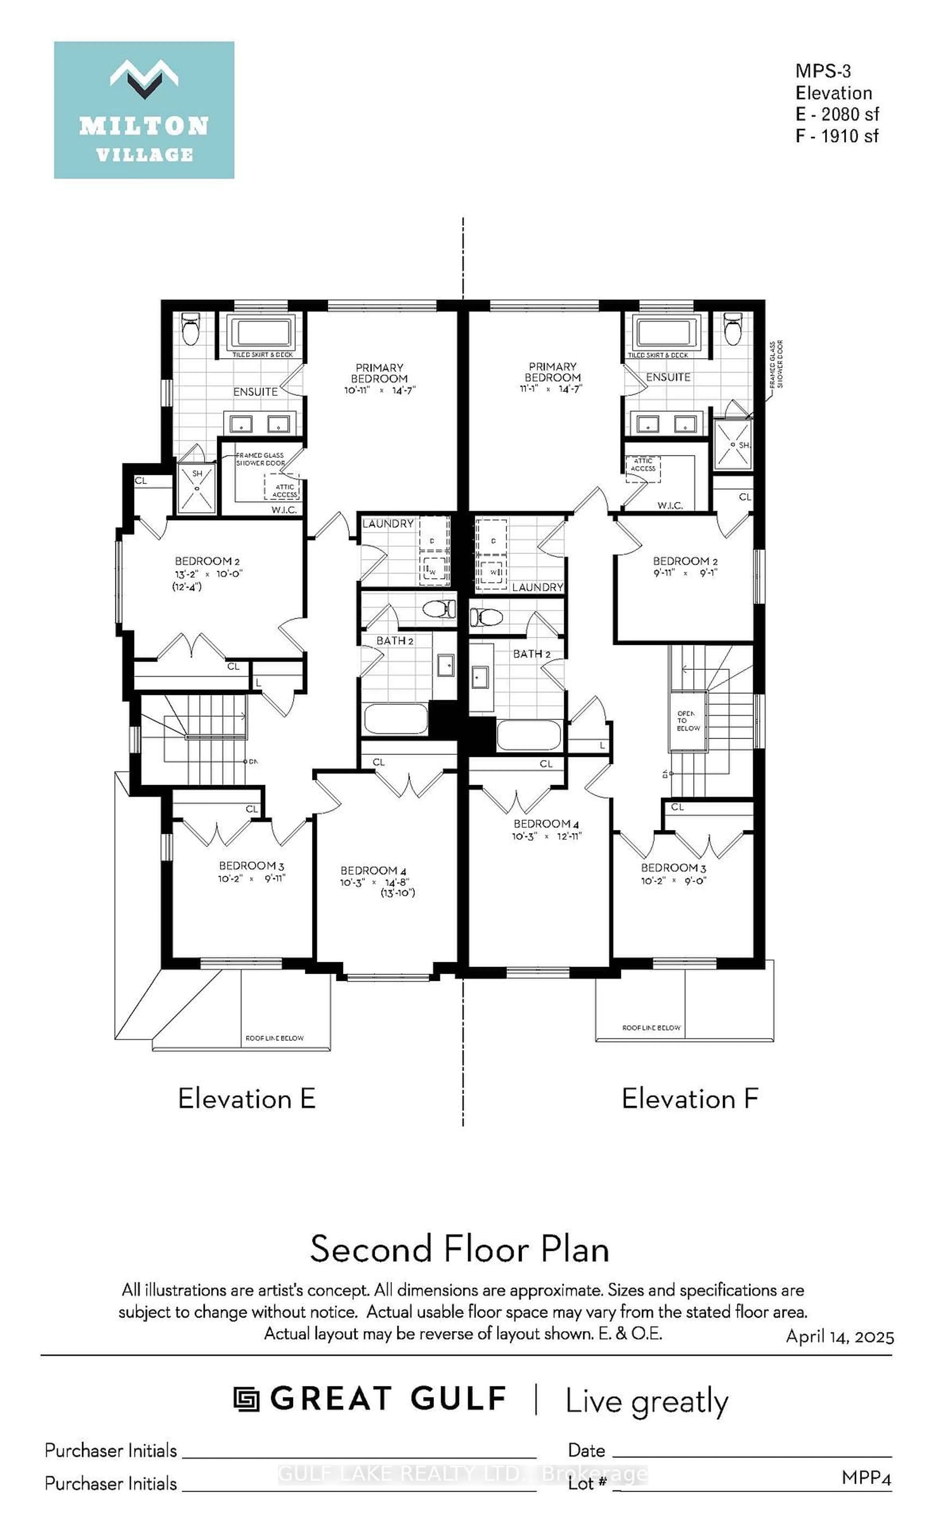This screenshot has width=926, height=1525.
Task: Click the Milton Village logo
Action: (x=144, y=110)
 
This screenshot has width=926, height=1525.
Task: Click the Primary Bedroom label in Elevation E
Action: (x=379, y=373)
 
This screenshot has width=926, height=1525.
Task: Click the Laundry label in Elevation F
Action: (x=537, y=587)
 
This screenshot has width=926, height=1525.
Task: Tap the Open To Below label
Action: (x=688, y=721)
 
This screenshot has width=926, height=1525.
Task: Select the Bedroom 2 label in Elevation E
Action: (x=203, y=561)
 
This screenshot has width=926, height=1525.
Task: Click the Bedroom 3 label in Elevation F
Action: (x=673, y=868)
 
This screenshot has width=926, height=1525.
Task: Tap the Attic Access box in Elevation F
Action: (x=643, y=468)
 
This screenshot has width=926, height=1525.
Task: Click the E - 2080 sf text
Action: (x=837, y=115)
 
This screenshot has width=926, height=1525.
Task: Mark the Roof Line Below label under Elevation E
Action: (x=274, y=1038)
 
